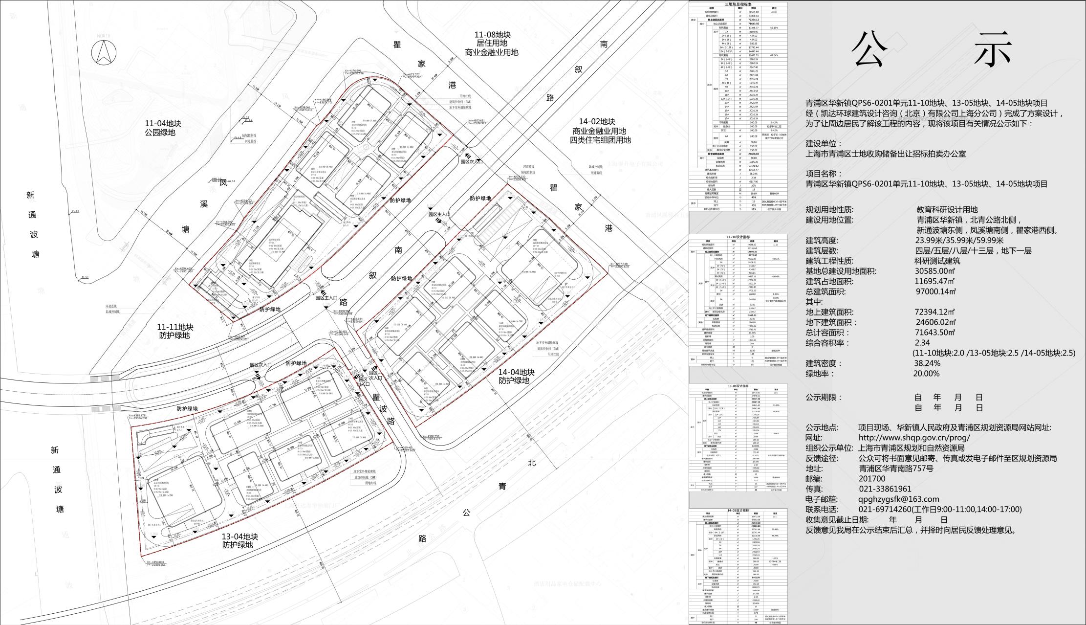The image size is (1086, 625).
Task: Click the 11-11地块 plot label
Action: click(175, 327)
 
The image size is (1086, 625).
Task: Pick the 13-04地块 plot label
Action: click(239, 536)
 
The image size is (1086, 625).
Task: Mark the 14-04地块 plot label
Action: click(516, 372)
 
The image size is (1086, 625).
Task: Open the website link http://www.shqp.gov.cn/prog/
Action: click(914, 438)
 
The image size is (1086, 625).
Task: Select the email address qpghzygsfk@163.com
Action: click(898, 499)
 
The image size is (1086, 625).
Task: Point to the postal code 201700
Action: click(872, 479)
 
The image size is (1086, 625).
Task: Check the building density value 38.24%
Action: click(927, 363)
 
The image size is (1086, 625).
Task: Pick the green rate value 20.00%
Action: click(926, 374)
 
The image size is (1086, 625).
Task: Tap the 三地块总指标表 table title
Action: click(738, 4)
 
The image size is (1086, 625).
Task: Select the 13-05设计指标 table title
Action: click(738, 386)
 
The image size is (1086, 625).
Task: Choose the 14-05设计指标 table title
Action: click(738, 511)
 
